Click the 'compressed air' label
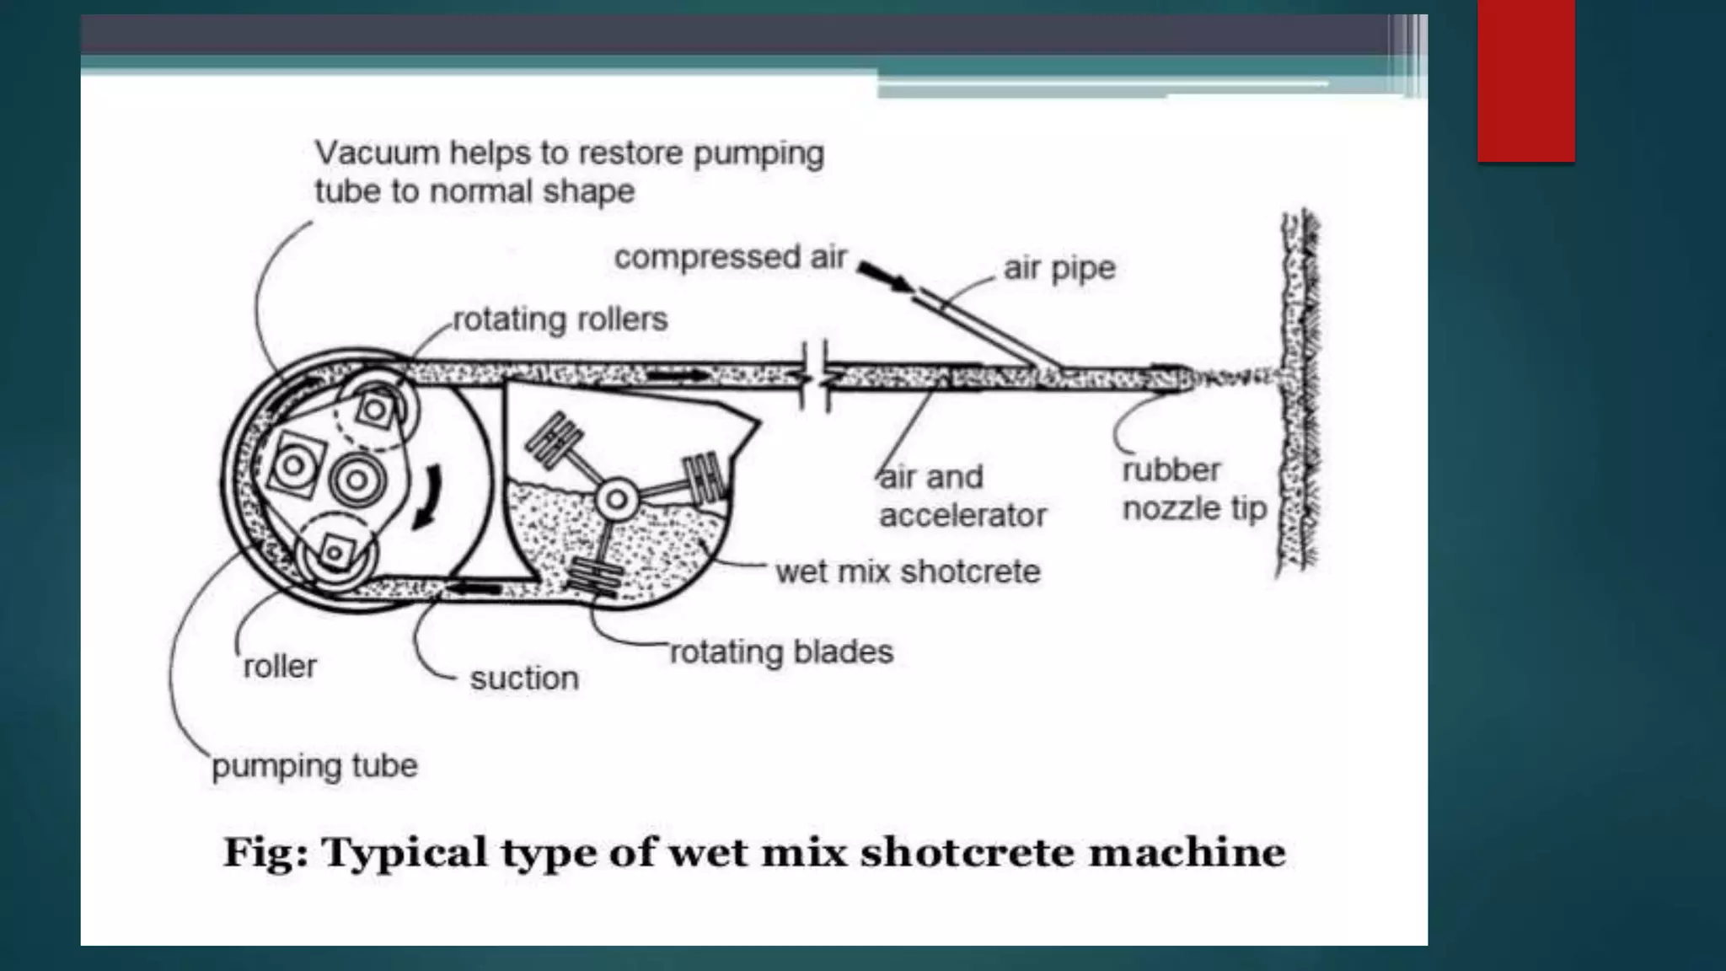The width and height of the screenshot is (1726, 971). [730, 257]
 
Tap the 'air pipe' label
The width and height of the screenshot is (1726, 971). [1059, 268]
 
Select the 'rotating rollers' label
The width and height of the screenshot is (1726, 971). [560, 319]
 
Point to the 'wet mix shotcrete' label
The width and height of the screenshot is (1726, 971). [908, 571]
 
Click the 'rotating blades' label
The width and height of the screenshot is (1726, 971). [781, 652]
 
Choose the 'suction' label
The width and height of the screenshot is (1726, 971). [524, 678]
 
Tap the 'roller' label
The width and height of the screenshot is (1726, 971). [280, 667]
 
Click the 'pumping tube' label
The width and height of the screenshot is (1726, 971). [314, 766]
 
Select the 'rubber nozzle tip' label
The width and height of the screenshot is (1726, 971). [1194, 490]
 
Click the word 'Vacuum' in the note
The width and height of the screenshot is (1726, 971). [377, 153]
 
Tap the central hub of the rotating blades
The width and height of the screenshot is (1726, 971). [617, 499]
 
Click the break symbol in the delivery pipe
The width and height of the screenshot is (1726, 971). [815, 376]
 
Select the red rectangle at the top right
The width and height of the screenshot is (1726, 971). [1525, 80]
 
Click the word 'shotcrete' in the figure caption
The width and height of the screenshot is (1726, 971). [966, 852]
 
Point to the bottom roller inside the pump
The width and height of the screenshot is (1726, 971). [336, 553]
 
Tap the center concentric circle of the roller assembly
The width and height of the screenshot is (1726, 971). [357, 480]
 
